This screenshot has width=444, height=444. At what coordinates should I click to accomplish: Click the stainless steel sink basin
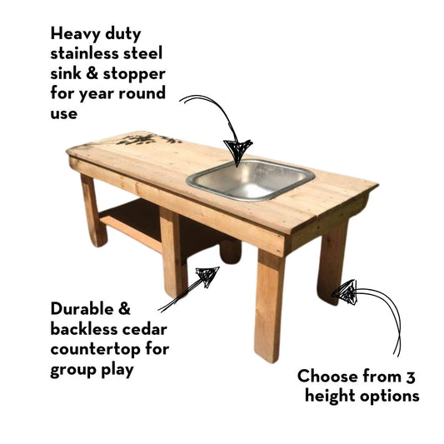250,180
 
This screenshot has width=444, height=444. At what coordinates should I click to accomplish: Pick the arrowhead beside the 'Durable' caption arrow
206,276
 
